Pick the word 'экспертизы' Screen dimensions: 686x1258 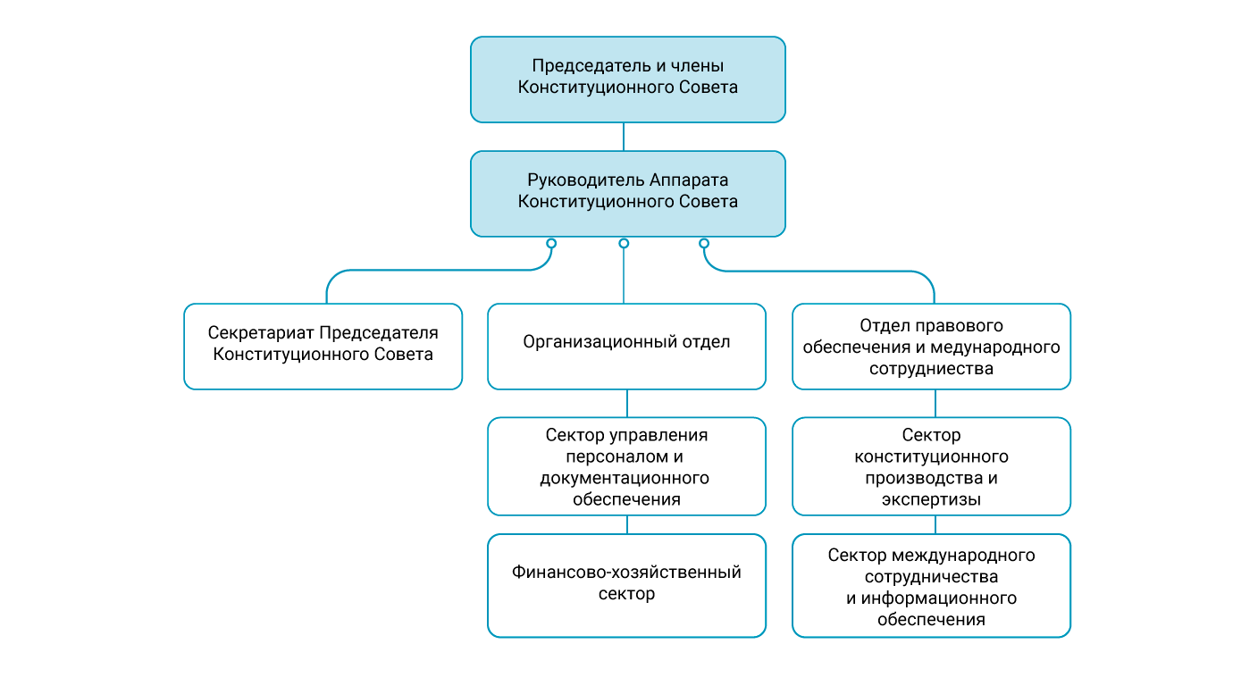click(931, 500)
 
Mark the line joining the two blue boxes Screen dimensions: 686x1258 click(624, 136)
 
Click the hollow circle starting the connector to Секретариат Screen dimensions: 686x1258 click(551, 243)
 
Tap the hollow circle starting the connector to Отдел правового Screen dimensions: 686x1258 click(704, 243)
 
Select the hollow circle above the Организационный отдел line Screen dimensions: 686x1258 click(624, 243)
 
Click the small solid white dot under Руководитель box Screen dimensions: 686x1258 click(605, 243)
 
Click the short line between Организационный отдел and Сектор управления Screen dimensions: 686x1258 click(626, 403)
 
